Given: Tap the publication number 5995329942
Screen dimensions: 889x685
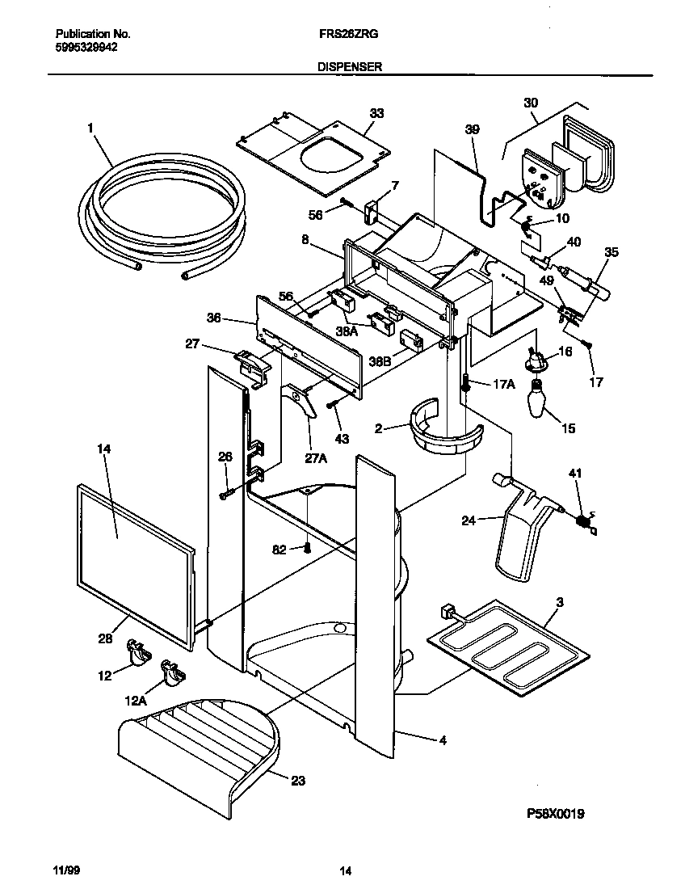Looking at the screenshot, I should pos(86,48).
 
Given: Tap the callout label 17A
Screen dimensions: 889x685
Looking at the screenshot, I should pos(502,384).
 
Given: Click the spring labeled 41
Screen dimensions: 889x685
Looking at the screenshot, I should pos(580,521).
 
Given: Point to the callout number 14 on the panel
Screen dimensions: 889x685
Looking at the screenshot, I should pos(104,449).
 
